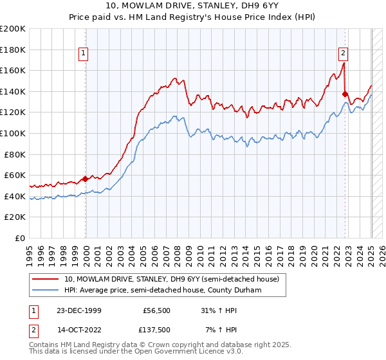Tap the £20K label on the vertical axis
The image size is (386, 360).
(x=15, y=217)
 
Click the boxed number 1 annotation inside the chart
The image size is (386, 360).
(x=84, y=53)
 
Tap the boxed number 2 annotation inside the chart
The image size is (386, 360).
(x=344, y=53)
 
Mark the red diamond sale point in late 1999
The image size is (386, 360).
(x=86, y=179)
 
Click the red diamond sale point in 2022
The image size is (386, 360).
(x=345, y=94)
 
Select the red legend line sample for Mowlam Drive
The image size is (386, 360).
(x=45, y=279)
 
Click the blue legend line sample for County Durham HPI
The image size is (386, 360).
(x=45, y=291)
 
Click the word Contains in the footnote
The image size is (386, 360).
(x=46, y=345)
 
